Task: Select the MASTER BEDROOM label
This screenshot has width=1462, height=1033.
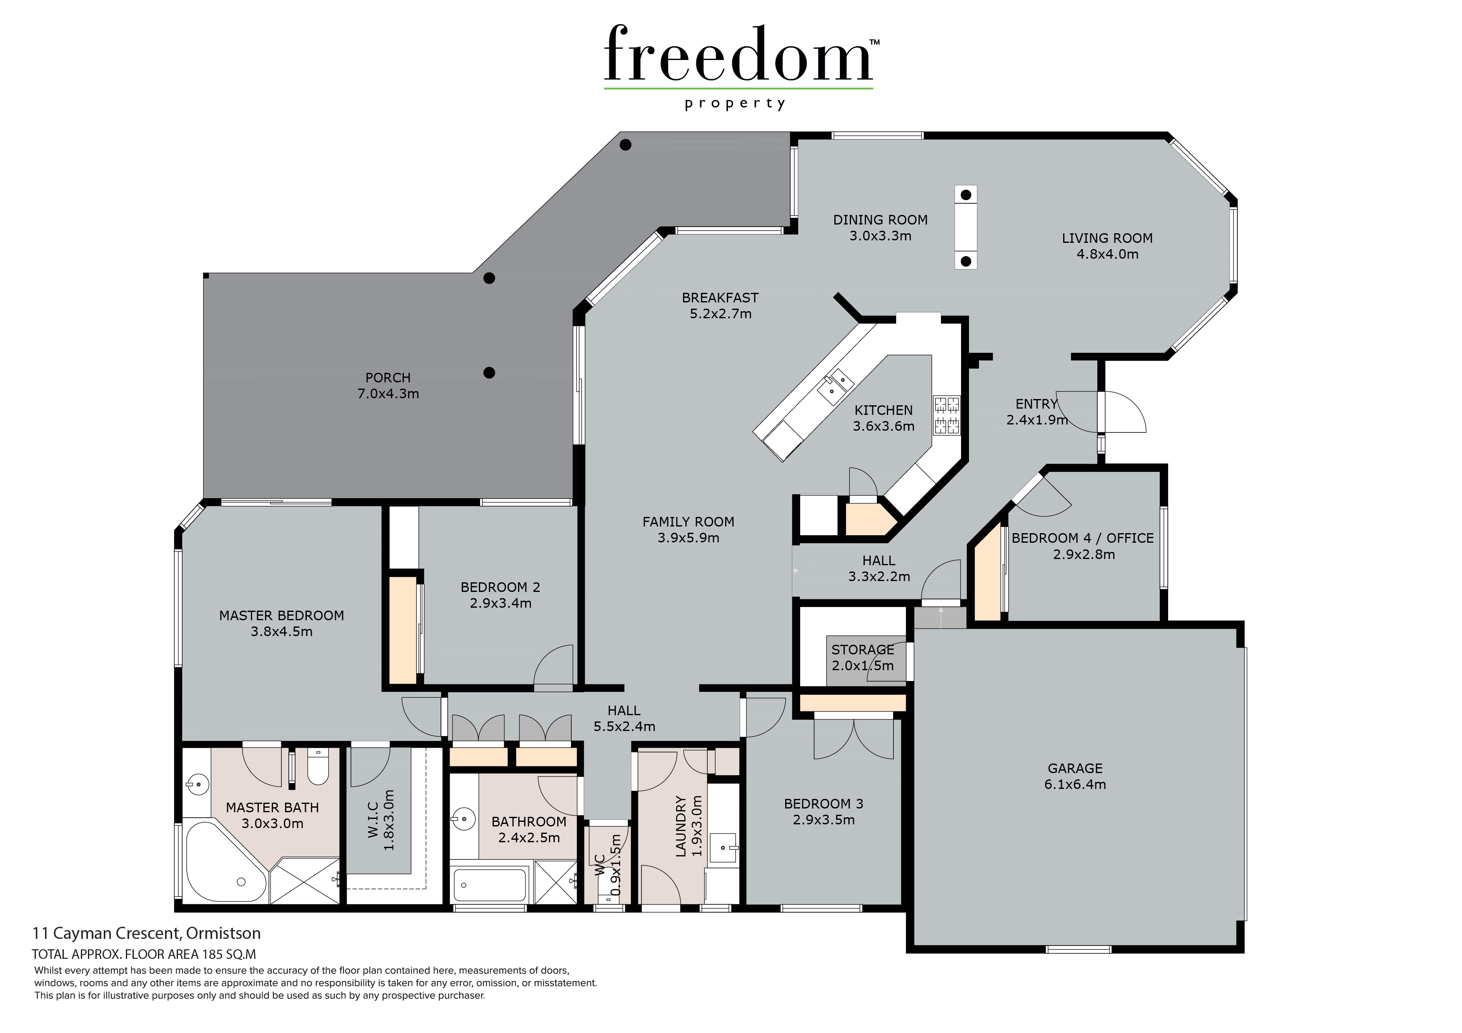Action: (x=281, y=616)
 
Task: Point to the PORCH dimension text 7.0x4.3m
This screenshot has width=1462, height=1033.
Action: (x=388, y=394)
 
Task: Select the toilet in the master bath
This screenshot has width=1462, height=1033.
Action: (x=318, y=766)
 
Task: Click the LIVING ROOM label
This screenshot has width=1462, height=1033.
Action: (x=1107, y=238)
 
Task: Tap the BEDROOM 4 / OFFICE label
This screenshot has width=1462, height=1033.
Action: (x=1082, y=538)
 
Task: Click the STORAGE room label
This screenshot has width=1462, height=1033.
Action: (x=863, y=650)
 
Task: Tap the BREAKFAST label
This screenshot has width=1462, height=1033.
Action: (x=720, y=298)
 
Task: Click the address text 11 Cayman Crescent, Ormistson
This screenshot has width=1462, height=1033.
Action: (x=146, y=933)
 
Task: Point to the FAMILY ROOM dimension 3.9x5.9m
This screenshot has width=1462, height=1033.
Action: (x=688, y=538)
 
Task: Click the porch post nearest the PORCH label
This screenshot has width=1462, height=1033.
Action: (x=489, y=373)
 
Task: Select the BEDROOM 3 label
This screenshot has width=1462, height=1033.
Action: (x=824, y=804)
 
